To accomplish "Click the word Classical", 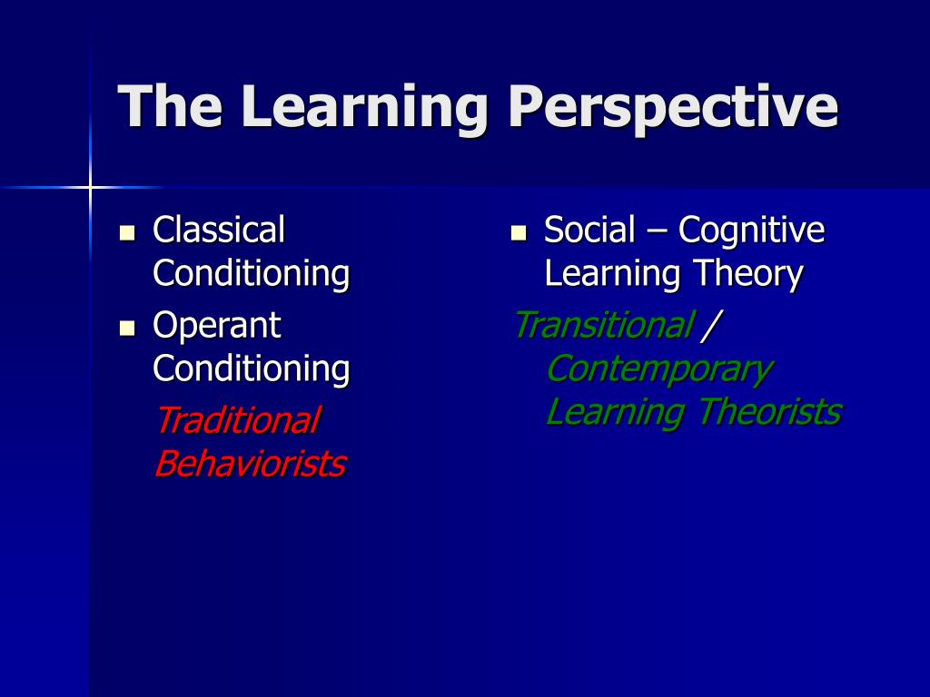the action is coord(219,230).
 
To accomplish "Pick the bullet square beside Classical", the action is coord(127,232).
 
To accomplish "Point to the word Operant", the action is coord(216,326).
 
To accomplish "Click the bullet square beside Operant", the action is coord(127,328).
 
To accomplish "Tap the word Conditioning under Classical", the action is coord(252,274).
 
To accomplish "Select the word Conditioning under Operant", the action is coord(252,369).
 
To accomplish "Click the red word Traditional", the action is coord(239,419).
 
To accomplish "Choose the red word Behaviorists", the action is coord(251,463).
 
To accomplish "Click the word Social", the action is coord(589,230).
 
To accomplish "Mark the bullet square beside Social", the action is coord(519,232).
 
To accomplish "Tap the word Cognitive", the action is coord(751,231).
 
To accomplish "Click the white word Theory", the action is coord(748,275).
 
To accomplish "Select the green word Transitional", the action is coord(604,325).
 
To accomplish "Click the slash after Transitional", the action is coord(710,326).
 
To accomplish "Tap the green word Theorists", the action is coord(770,411).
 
